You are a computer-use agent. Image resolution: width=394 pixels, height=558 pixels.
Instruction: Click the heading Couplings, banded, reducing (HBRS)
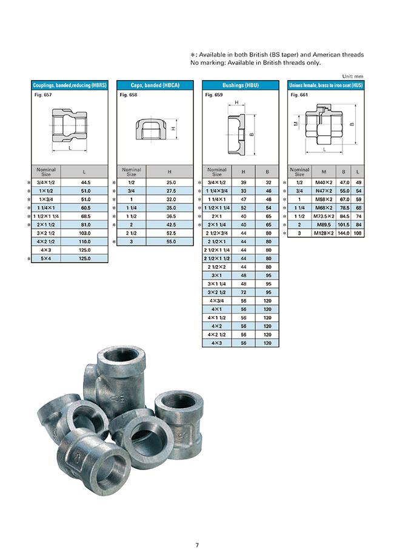point(69,86)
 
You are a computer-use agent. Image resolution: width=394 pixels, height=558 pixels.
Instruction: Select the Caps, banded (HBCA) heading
point(154,86)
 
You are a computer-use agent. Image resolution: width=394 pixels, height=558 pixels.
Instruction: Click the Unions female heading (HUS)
point(325,86)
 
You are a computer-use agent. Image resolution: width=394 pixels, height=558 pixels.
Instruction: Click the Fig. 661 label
point(298,95)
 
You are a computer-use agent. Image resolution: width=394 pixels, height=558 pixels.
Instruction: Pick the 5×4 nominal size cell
point(45,258)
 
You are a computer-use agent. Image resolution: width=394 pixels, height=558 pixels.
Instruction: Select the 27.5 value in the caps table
point(170,190)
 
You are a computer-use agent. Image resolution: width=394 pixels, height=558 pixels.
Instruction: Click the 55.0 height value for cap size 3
point(170,241)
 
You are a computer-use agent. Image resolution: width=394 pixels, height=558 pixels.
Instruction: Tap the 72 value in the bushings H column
point(243,292)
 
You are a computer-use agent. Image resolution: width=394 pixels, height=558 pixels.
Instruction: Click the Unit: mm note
point(353,76)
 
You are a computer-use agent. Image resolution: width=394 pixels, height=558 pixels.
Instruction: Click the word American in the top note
point(322,55)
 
